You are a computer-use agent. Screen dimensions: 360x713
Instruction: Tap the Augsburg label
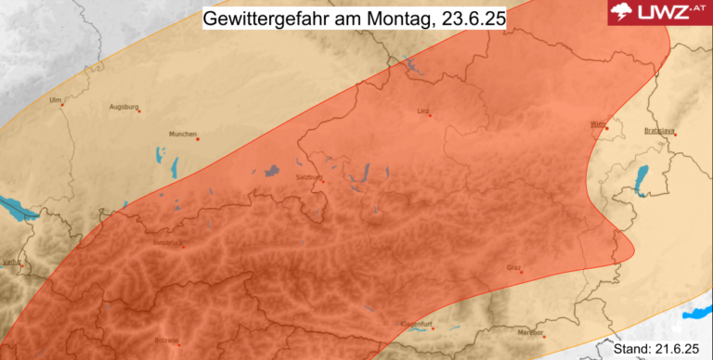[123, 106]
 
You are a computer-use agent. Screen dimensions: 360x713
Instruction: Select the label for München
[182, 134]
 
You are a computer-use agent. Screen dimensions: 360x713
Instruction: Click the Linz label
[423, 110]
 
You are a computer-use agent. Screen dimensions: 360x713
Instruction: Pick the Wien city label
[597, 123]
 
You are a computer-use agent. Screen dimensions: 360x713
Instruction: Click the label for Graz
[513, 267]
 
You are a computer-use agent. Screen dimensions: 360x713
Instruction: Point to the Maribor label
[529, 331]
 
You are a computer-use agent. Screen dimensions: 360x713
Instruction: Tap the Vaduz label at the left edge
[11, 264]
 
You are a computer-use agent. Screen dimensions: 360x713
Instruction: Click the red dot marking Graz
[523, 273]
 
